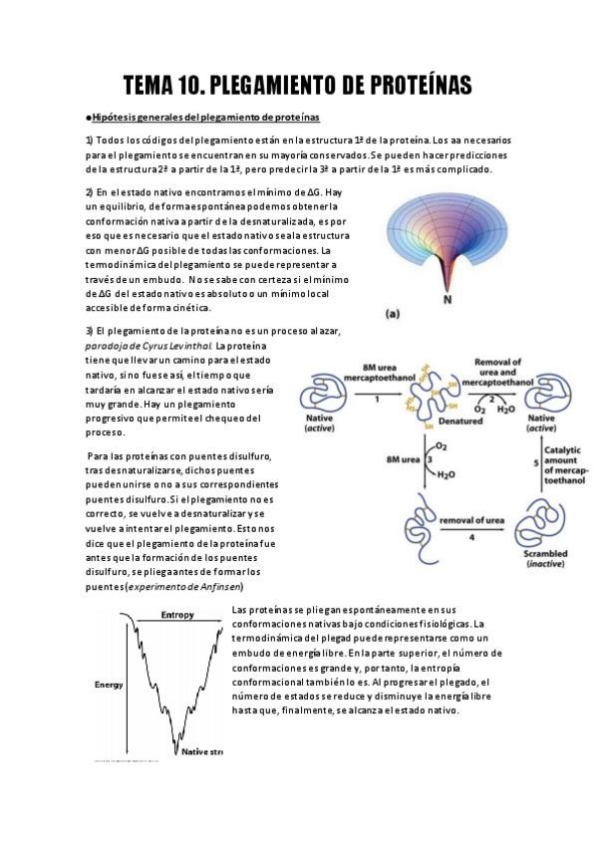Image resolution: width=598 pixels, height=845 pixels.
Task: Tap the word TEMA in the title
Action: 151,86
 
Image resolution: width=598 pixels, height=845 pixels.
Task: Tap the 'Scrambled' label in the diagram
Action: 543,554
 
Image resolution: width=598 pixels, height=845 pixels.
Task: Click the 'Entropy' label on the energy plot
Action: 177,616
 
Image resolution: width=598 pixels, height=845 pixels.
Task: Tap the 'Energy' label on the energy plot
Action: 109,685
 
